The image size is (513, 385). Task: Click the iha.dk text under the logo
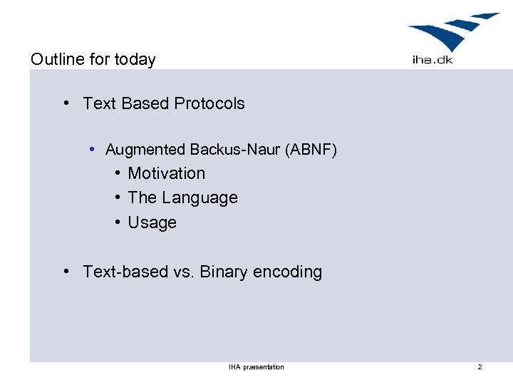[x=432, y=60]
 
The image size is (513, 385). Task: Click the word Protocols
[x=209, y=103]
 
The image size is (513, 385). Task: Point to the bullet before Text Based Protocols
[x=66, y=103]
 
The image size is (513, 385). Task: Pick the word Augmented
[x=145, y=150]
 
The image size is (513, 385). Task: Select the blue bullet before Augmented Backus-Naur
[x=93, y=150]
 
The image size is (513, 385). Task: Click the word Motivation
[x=166, y=173]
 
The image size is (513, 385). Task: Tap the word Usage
[x=152, y=222]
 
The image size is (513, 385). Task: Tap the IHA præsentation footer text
[x=256, y=367]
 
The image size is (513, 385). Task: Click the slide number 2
[x=480, y=367]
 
